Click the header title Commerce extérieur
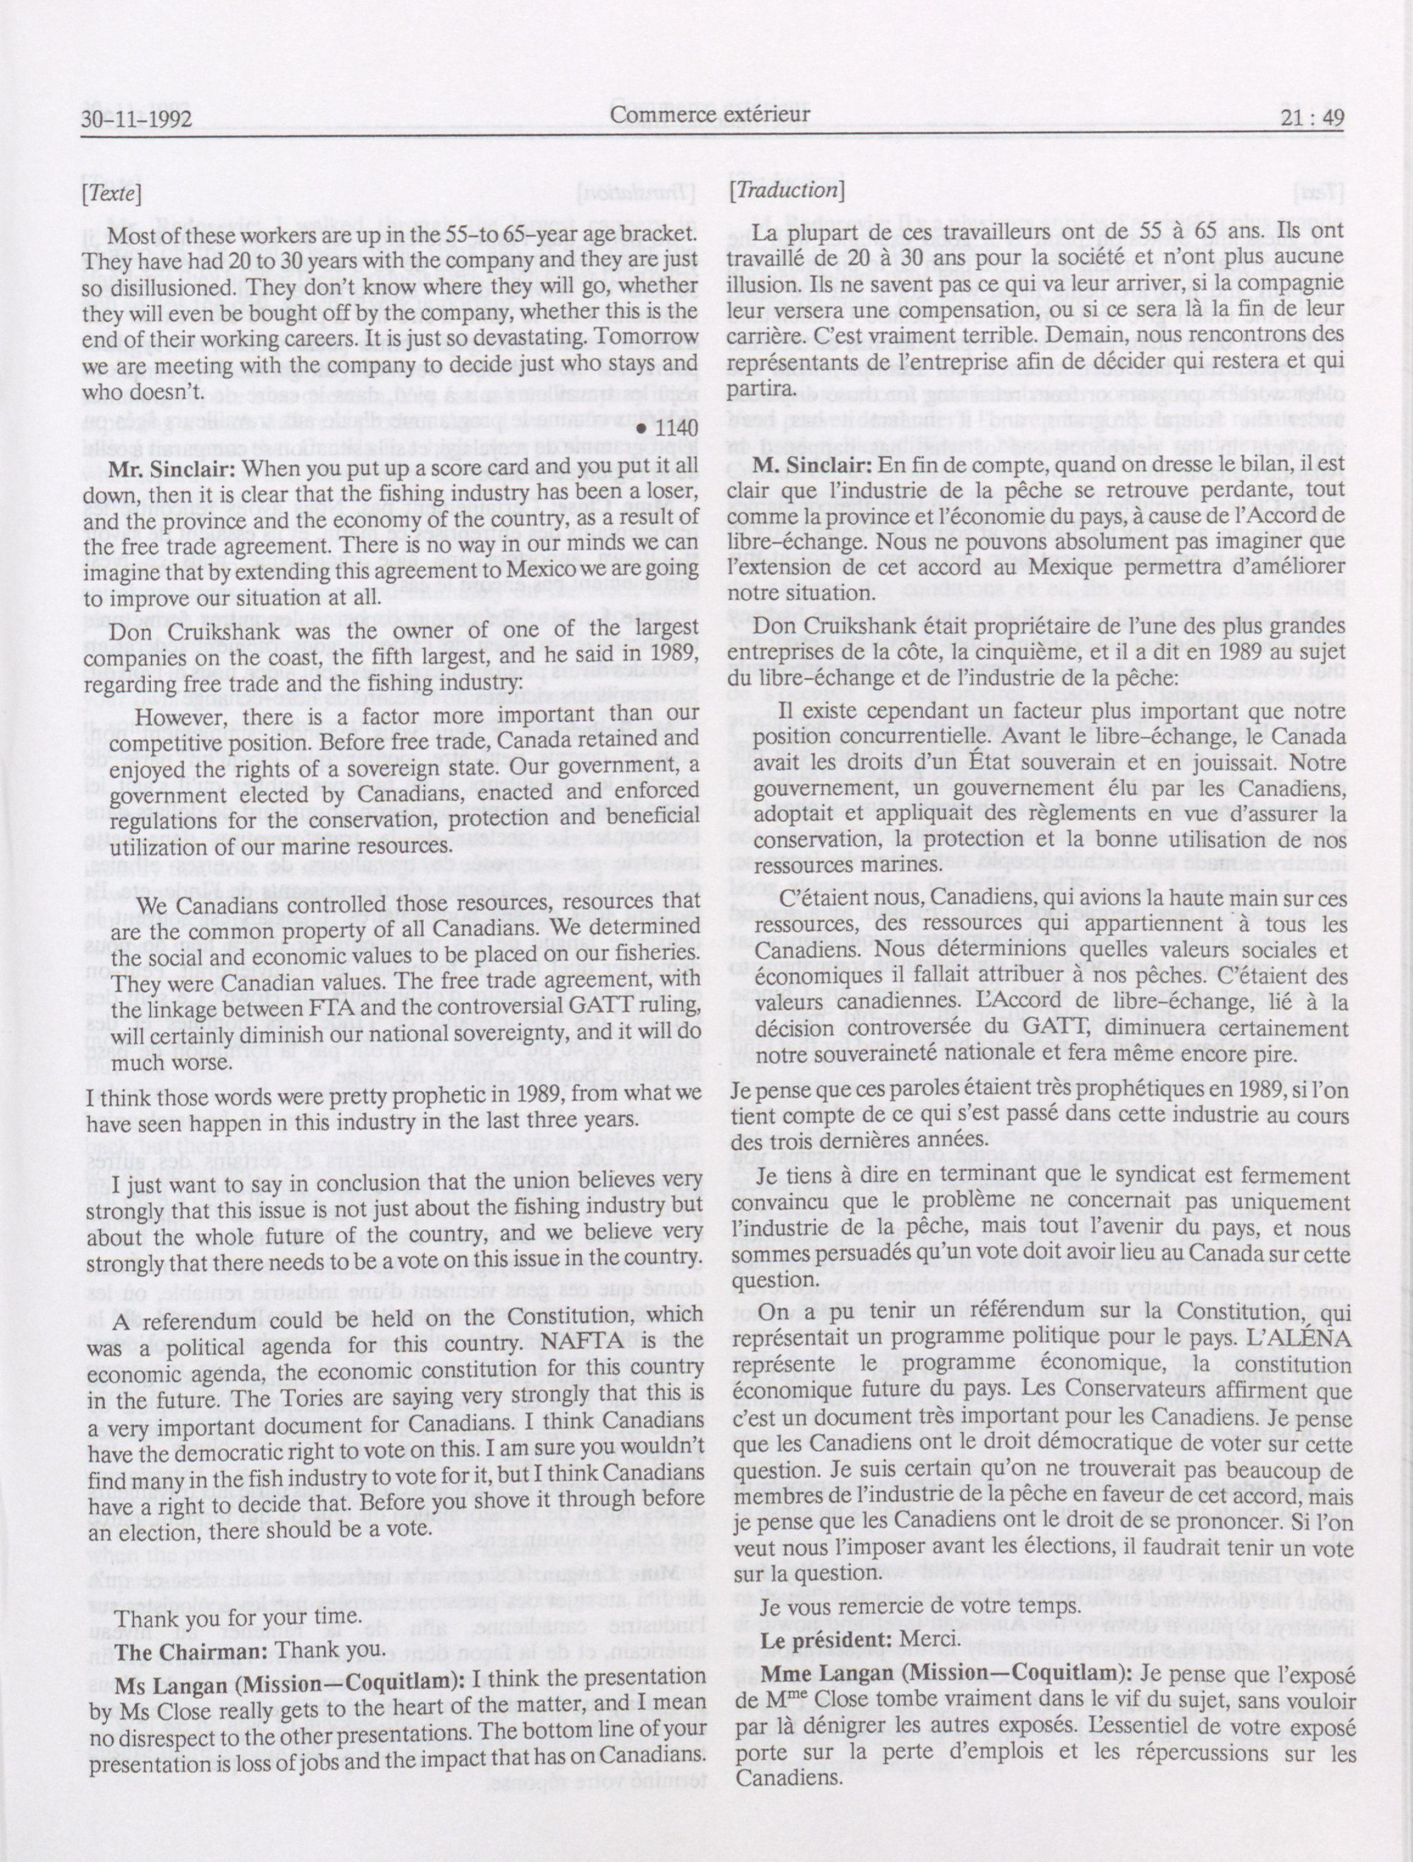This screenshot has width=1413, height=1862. click(710, 114)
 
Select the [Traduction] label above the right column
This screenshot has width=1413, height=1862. click(787, 190)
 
